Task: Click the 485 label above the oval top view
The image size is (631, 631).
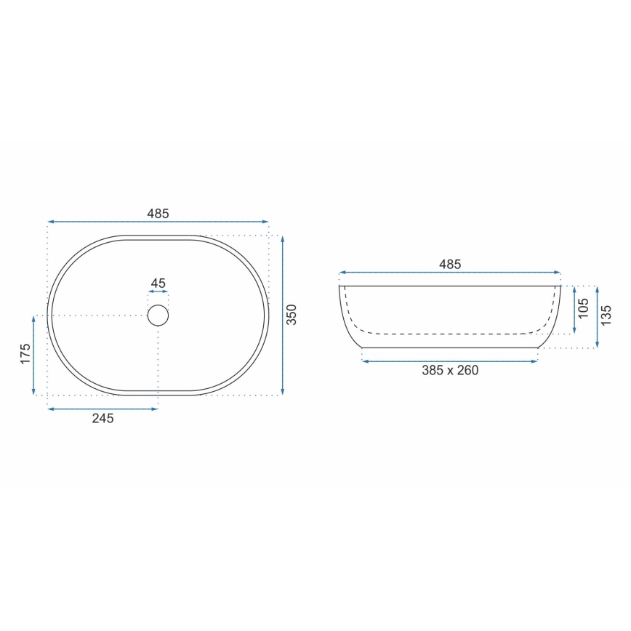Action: pyautogui.click(x=158, y=214)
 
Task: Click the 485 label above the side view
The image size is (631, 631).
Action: pyautogui.click(x=450, y=265)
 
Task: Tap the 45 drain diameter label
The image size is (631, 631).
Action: pyautogui.click(x=158, y=284)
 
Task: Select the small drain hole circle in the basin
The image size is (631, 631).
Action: pyautogui.click(x=158, y=315)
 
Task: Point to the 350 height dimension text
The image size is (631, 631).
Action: pyautogui.click(x=292, y=315)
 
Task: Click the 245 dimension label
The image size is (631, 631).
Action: pyautogui.click(x=103, y=418)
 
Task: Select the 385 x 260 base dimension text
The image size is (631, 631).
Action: pyautogui.click(x=450, y=370)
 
